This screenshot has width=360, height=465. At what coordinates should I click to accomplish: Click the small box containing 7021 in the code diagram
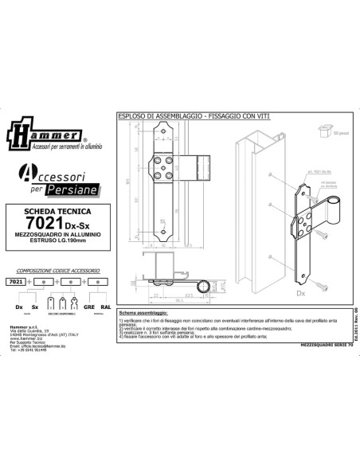click(14, 281)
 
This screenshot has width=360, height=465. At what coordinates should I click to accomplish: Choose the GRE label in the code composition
click(88, 306)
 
